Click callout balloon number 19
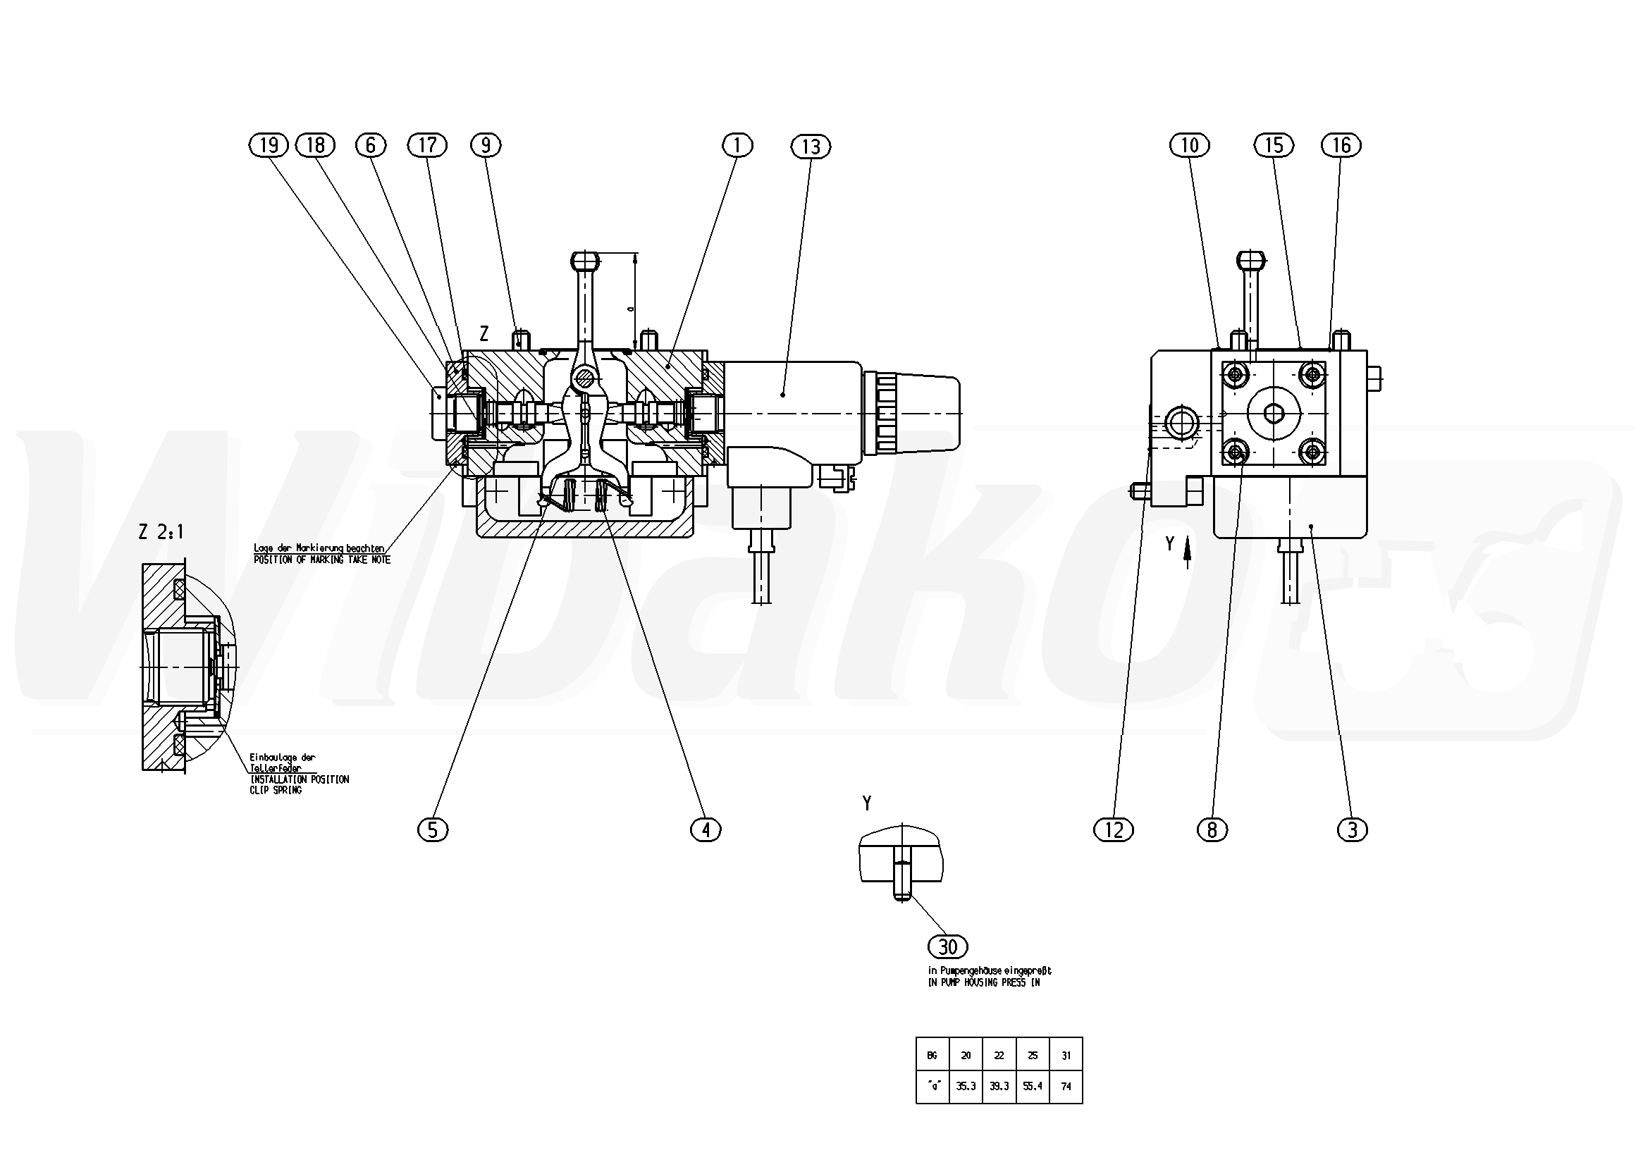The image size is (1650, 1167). pyautogui.click(x=268, y=145)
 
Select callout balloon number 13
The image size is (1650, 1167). pyautogui.click(x=811, y=147)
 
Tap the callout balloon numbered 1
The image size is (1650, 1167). pyautogui.click(x=737, y=145)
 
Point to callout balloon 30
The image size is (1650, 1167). pyautogui.click(x=948, y=947)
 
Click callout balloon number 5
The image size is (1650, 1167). pyautogui.click(x=433, y=830)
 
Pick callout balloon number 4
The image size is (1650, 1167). pyautogui.click(x=706, y=830)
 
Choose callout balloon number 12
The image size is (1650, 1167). pyautogui.click(x=1113, y=830)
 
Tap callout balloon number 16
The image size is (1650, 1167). pyautogui.click(x=1341, y=145)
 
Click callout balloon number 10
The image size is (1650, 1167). pyautogui.click(x=1189, y=145)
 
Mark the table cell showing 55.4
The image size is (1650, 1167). pyautogui.click(x=1033, y=1087)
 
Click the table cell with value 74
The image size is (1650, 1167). pyautogui.click(x=1066, y=1087)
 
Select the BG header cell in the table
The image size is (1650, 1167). pyautogui.click(x=932, y=1056)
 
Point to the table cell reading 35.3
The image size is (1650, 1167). pyautogui.click(x=966, y=1087)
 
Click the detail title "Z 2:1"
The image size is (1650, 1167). pyautogui.click(x=161, y=533)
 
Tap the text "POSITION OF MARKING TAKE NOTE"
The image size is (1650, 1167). pyautogui.click(x=322, y=560)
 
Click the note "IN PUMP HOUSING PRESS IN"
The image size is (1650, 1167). pyautogui.click(x=984, y=982)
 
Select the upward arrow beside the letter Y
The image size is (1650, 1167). pyautogui.click(x=1186, y=554)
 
